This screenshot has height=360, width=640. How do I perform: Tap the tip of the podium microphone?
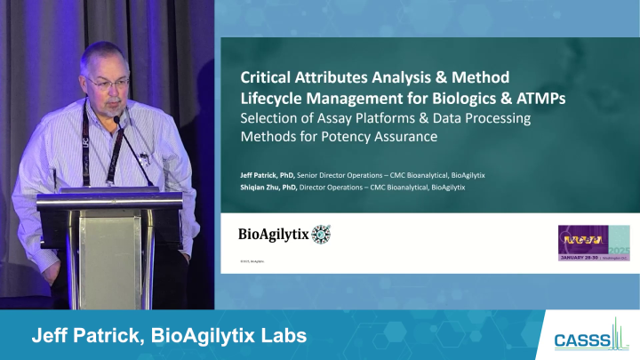[116, 119]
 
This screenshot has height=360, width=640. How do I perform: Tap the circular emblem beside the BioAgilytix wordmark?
[321, 235]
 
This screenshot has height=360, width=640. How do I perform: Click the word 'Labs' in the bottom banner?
[282, 336]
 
